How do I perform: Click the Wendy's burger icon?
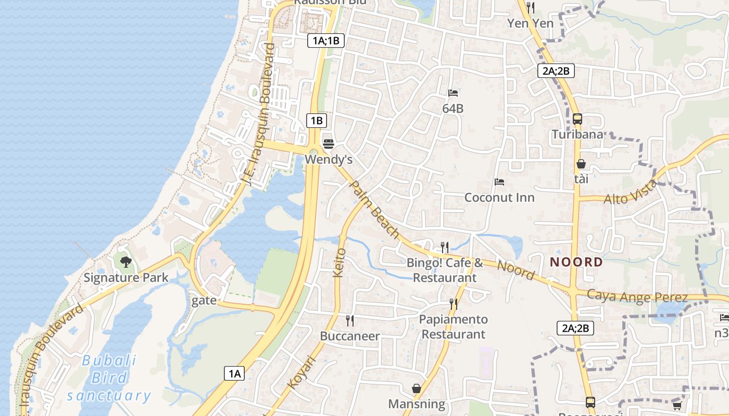tap(328, 143)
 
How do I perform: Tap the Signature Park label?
tap(126, 277)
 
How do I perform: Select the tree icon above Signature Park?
tap(125, 262)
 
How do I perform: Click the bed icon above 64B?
tap(453, 93)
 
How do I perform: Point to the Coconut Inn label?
tap(499, 198)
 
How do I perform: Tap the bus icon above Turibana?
tap(577, 119)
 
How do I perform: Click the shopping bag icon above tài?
tap(581, 164)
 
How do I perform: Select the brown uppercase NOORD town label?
tap(576, 262)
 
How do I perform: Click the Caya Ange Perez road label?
tap(637, 296)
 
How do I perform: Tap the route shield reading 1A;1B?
tap(326, 41)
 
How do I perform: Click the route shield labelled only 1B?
tap(317, 121)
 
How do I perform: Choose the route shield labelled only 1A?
tap(234, 373)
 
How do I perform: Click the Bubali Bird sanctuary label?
tap(109, 378)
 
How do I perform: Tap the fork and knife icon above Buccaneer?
tap(350, 320)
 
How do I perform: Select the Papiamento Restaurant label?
tap(454, 327)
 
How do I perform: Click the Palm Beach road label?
tap(374, 210)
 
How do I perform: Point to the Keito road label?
tap(339, 263)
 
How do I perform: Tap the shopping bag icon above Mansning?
tap(417, 388)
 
